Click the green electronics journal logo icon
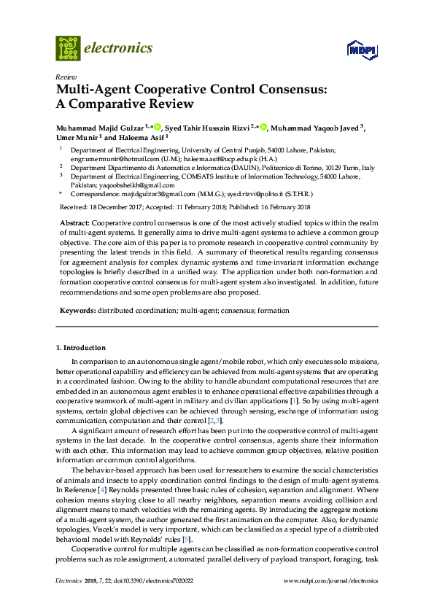(x=68, y=48)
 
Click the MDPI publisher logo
(x=361, y=50)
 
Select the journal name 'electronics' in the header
(x=118, y=48)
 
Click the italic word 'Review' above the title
(x=66, y=77)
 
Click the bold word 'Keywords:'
(x=77, y=311)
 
